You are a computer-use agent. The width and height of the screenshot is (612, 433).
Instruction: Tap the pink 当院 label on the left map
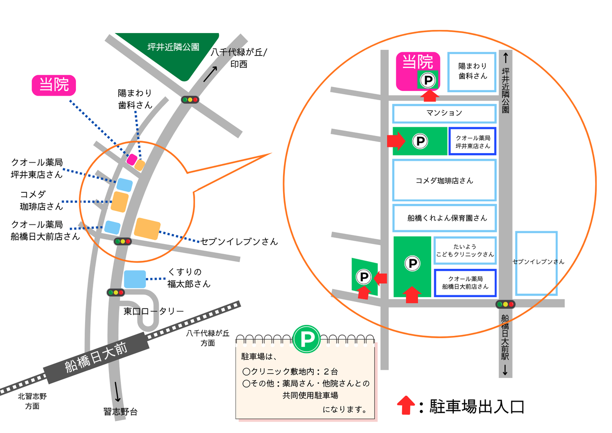54,85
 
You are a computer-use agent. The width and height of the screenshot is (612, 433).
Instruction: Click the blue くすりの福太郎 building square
135,279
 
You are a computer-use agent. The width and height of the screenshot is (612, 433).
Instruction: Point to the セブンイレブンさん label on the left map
239,242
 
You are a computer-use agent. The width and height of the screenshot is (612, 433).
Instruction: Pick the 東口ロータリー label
153,311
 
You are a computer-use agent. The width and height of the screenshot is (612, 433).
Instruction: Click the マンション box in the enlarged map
444,113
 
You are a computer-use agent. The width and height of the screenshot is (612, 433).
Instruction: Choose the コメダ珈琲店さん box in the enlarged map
444,180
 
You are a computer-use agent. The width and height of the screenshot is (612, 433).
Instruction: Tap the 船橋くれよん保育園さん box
444,218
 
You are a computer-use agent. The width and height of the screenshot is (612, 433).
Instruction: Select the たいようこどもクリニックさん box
465,250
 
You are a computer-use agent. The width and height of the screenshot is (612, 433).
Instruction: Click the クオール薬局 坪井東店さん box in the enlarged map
473,141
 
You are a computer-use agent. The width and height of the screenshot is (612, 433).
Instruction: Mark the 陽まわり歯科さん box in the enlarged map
472,72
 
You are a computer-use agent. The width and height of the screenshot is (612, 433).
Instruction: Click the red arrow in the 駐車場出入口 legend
406,406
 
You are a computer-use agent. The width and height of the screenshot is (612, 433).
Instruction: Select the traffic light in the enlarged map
505,304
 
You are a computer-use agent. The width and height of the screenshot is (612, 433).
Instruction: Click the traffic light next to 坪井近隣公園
189,100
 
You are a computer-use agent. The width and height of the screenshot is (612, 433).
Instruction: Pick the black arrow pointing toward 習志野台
118,391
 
